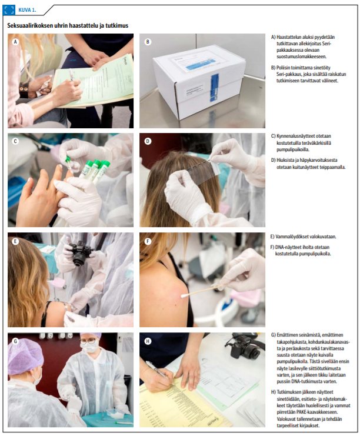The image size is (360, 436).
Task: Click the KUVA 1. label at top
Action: (27, 10)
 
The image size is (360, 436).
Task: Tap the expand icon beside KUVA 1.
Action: (9, 10)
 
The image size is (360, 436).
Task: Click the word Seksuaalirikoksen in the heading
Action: (30, 25)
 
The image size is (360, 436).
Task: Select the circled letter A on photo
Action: (15, 42)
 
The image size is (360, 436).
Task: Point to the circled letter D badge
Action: (148, 141)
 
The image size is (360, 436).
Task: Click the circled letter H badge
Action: (148, 341)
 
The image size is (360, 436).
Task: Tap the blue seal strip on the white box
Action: (215, 87)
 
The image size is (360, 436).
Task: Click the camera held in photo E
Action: (80, 254)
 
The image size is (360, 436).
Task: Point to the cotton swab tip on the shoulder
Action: (184, 295)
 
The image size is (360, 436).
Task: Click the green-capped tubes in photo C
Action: (95, 171)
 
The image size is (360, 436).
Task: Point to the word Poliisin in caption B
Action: (283, 68)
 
